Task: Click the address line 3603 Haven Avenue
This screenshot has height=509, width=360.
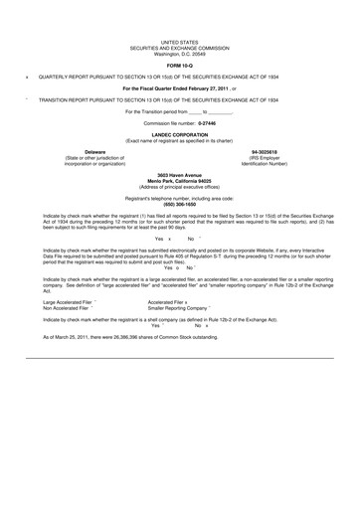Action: click(x=179, y=174)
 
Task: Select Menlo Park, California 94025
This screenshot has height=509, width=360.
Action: click(x=179, y=180)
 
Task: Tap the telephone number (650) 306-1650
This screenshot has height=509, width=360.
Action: click(x=179, y=204)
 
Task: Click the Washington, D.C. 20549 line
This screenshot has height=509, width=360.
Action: click(x=179, y=55)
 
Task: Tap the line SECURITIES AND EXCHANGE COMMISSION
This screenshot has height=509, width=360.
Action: click(x=179, y=49)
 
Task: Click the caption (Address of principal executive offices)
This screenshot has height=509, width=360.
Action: click(x=179, y=186)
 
